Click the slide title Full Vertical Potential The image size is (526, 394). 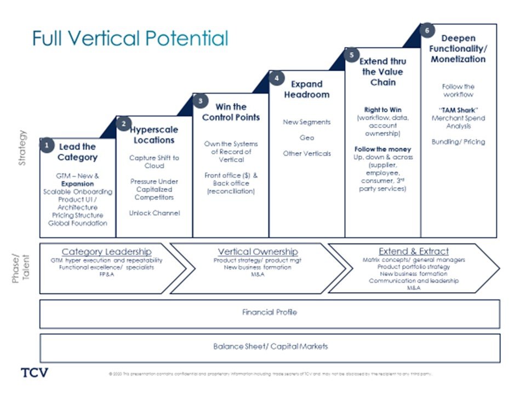click(130, 38)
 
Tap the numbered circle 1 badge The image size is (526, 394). click(48, 146)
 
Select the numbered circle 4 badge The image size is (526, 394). click(277, 78)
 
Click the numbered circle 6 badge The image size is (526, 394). click(427, 31)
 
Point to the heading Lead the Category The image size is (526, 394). click(78, 152)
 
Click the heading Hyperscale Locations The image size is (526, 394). click(154, 135)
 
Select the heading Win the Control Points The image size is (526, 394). click(231, 112)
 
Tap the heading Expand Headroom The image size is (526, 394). click(306, 89)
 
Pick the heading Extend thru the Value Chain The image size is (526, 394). click(382, 72)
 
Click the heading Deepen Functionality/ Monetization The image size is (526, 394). click(458, 49)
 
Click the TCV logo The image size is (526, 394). click(35, 373)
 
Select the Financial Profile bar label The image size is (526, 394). click(269, 312)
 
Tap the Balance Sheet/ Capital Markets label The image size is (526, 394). click(270, 346)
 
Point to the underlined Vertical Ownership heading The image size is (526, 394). click(258, 252)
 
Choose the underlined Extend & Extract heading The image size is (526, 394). click(414, 251)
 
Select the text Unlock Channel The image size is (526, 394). click(154, 213)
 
